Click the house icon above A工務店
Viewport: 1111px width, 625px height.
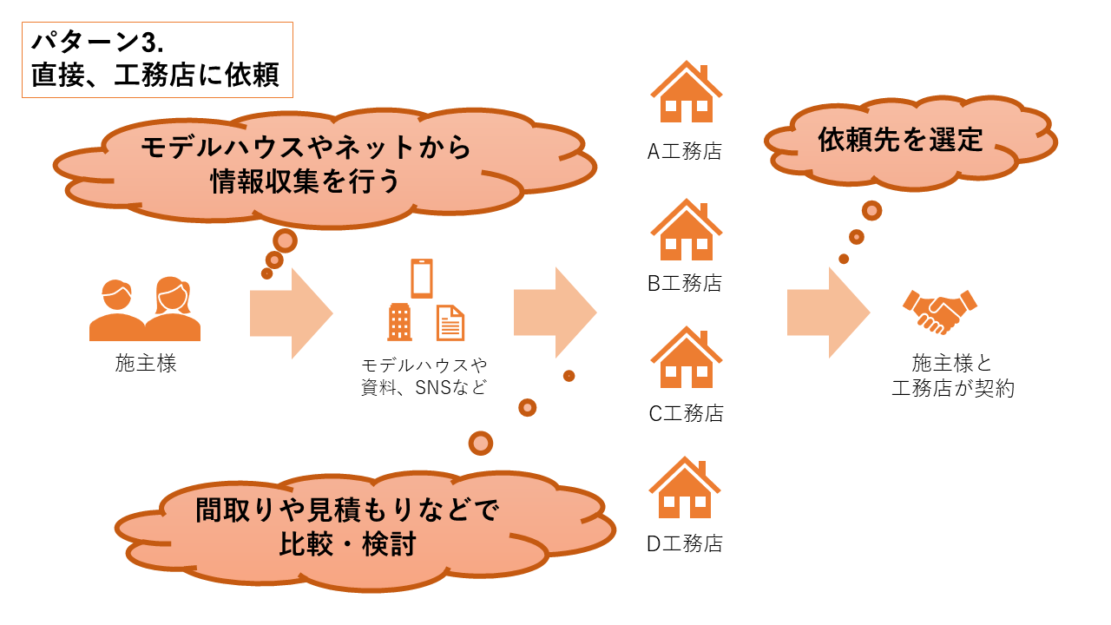[686, 93]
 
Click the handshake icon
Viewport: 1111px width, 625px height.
[940, 311]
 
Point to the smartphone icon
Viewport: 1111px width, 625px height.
[422, 279]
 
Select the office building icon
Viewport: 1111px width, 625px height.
[399, 322]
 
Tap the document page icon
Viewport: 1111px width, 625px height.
[450, 323]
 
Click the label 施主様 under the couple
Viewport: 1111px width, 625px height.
[146, 364]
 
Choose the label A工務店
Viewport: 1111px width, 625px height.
[685, 152]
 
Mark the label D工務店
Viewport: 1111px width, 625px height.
[685, 544]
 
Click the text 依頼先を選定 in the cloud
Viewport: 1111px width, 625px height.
[900, 140]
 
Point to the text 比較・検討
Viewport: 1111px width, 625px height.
[348, 544]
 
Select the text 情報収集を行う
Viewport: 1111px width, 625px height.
[305, 181]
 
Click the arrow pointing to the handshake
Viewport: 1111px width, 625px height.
[828, 312]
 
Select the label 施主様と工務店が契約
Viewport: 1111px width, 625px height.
[952, 376]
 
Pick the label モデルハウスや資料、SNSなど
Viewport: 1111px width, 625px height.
[424, 376]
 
